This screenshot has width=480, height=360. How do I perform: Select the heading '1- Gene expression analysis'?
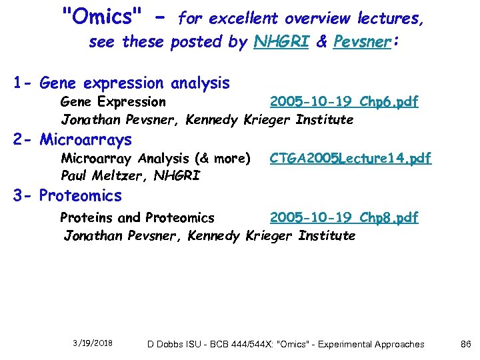[x=121, y=84]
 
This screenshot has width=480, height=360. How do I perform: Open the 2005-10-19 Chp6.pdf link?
[x=343, y=102]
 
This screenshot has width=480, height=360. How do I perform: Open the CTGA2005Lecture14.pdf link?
[x=350, y=159]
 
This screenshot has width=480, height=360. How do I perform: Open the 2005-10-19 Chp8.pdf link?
[x=343, y=218]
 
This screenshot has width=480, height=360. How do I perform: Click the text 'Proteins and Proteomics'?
[x=137, y=218]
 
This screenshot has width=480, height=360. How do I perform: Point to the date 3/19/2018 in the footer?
[x=93, y=343]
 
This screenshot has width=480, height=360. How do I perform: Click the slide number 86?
[x=466, y=344]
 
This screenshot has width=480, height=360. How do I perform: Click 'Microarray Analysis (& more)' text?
[x=155, y=159]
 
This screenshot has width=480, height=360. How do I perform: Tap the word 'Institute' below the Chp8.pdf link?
[x=327, y=236]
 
